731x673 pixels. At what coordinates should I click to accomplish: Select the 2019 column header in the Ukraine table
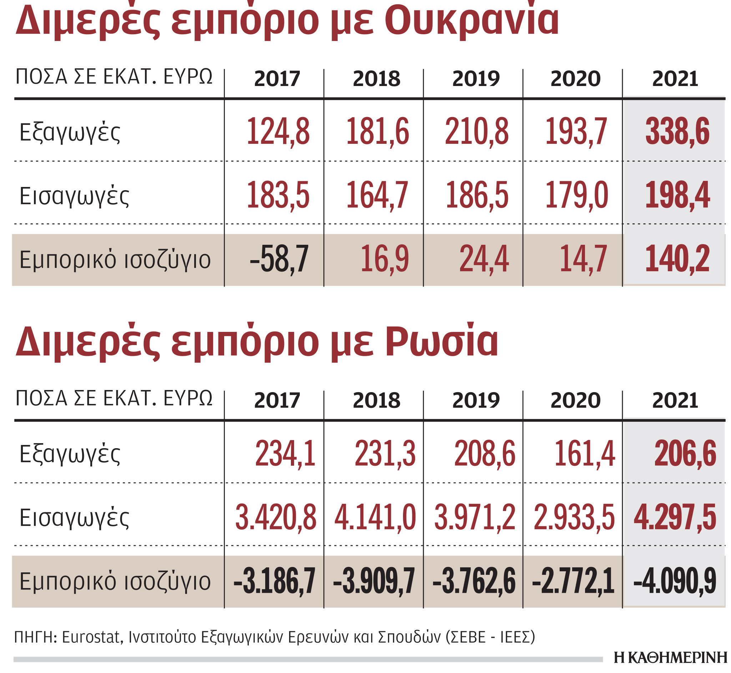coord(476,79)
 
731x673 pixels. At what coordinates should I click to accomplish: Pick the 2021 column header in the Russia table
coord(675,401)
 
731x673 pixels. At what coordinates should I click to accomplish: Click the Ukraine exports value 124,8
coord(278,131)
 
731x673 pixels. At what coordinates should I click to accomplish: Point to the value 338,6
coord(677,131)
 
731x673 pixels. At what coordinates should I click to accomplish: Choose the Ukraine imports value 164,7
coord(377,196)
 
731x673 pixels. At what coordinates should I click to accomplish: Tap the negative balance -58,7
coord(279,259)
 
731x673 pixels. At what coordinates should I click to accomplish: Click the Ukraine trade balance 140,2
coord(677,259)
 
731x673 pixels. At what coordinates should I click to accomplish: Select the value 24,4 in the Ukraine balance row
coord(484,259)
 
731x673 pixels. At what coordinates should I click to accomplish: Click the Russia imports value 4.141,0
coord(375,517)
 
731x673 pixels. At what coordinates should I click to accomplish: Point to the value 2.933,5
coord(574,517)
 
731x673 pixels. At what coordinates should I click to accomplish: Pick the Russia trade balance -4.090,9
coord(675,582)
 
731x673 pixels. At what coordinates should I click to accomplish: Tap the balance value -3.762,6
coord(474,582)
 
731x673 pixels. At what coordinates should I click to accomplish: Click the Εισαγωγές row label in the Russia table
coord(74,517)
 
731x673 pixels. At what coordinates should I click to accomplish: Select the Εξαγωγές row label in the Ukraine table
coord(70,132)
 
